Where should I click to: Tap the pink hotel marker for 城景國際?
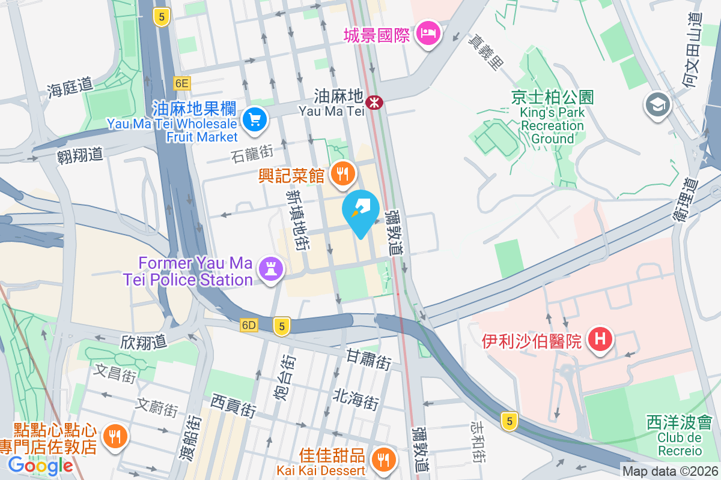coord(430,32)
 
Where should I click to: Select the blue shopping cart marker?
coord(255,120)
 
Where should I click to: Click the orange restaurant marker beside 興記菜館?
coord(342,175)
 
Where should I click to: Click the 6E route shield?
coord(181,83)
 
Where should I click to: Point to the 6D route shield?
coord(248,325)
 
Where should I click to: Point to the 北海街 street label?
coord(356,398)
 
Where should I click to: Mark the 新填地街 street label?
coord(298,220)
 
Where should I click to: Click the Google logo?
coord(40,465)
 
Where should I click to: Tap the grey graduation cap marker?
coord(658,106)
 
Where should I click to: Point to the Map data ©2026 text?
coord(670,472)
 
